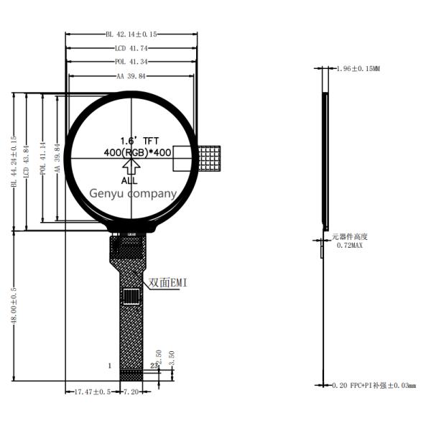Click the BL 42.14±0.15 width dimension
(131, 33)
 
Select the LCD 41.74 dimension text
(131, 47)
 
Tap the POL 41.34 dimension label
(131, 62)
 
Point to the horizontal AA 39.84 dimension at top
(131, 75)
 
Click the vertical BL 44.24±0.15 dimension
(13, 162)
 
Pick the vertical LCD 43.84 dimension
(27, 162)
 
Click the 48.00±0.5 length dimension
(13, 306)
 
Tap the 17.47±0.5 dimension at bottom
(93, 392)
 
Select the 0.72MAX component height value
(350, 245)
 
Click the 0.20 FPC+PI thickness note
(374, 386)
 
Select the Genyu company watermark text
(132, 193)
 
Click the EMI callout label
(167, 282)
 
